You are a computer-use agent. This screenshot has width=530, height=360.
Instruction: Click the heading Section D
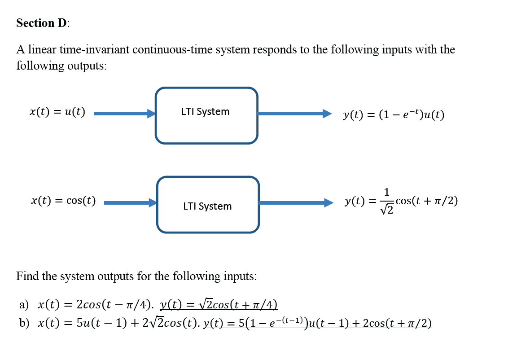[43, 23]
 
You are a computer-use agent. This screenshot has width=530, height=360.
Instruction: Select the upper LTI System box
[206, 115]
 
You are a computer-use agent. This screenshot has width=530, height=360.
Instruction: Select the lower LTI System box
[208, 205]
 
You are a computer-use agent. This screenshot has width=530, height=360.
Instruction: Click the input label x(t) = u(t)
[57, 112]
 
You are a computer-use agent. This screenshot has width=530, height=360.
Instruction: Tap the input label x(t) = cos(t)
[63, 201]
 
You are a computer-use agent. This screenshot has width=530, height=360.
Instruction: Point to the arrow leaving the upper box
[294, 114]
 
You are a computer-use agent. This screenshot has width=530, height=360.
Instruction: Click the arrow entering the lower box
[130, 203]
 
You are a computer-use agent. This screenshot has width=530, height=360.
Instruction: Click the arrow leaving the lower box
[296, 203]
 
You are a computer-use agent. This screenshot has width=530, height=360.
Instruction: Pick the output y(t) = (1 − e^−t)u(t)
[394, 115]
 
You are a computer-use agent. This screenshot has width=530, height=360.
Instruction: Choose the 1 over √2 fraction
[386, 201]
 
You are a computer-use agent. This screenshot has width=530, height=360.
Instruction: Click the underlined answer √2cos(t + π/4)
[219, 305]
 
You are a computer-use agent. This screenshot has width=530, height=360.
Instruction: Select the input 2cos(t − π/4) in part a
[114, 305]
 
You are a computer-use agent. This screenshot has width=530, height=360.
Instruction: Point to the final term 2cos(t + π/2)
[397, 323]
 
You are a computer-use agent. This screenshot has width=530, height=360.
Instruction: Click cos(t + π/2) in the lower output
[428, 201]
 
